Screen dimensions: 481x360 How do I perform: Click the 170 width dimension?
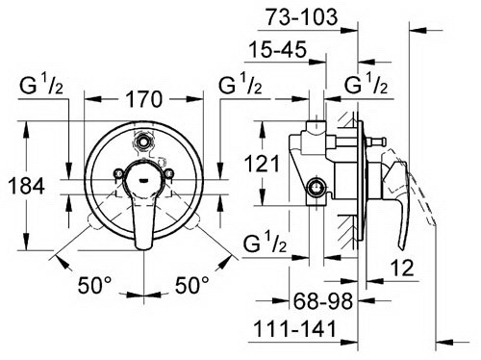[x=144, y=99]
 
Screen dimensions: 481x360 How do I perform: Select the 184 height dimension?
[x=26, y=186]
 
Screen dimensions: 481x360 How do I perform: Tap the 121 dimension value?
[x=262, y=164]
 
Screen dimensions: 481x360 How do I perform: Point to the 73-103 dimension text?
[x=302, y=16]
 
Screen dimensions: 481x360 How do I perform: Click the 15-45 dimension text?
[x=278, y=50]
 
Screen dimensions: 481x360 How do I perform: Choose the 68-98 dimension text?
[x=323, y=301]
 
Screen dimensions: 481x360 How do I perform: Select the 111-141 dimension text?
[x=294, y=328]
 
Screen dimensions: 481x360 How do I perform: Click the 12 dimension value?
[x=402, y=268]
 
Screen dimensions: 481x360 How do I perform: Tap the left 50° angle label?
[x=94, y=285]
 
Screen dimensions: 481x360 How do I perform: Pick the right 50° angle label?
[x=191, y=285]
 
